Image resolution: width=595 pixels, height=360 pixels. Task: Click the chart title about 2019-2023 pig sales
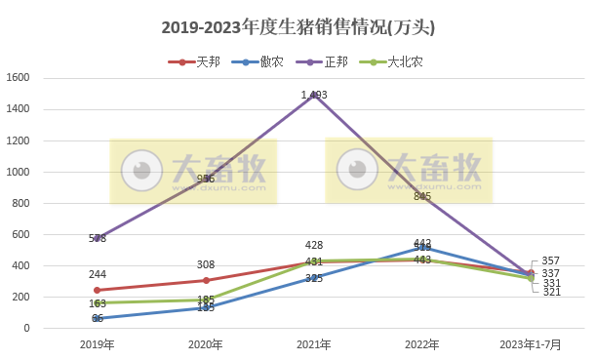(x=297, y=27)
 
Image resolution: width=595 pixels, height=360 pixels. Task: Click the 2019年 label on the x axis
(x=97, y=344)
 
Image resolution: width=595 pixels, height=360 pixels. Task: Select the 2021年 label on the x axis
(x=314, y=344)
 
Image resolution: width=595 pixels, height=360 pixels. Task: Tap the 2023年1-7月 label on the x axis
(x=531, y=344)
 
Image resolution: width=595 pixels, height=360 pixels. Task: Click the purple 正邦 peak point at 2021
(x=314, y=95)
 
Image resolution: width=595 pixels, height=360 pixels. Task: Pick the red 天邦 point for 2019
(x=97, y=290)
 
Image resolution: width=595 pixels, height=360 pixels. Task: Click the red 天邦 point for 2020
(x=206, y=280)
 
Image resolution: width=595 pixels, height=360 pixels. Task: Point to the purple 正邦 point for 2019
(x=97, y=238)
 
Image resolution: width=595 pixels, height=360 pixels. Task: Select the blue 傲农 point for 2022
(x=422, y=248)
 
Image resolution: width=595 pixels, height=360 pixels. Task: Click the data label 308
(x=206, y=264)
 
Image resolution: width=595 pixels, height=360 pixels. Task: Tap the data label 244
(x=97, y=274)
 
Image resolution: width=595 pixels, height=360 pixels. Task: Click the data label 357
(x=550, y=261)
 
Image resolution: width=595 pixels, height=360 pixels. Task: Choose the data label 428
(x=314, y=245)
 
